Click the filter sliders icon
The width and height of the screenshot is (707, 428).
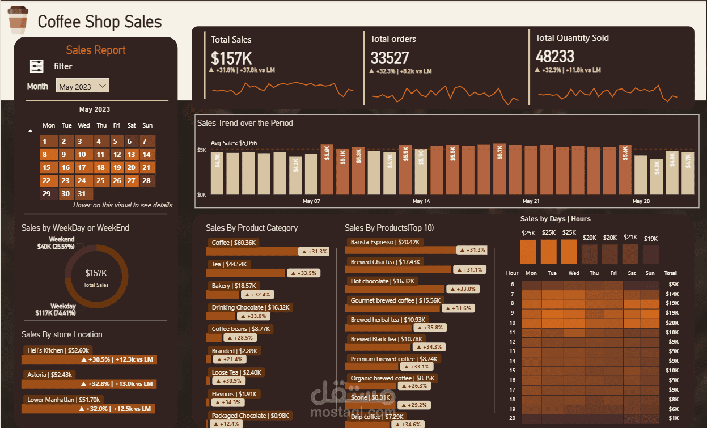coord(37,66)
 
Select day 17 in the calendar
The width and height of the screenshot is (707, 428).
coord(82,167)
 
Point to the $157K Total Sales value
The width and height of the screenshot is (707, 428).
coord(231,58)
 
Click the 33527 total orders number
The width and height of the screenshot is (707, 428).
coord(390,58)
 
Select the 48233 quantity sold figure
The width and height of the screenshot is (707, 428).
coord(555,57)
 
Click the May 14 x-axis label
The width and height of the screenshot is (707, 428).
coord(421,201)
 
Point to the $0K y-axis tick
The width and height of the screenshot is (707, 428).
coord(201,194)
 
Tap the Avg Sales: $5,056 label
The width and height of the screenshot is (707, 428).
coord(234,143)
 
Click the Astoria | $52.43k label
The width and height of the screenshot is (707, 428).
coord(49,375)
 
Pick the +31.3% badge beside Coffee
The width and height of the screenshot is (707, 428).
coord(314,251)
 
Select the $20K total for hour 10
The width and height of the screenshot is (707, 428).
coord(672,323)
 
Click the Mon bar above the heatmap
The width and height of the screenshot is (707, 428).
coord(528,251)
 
